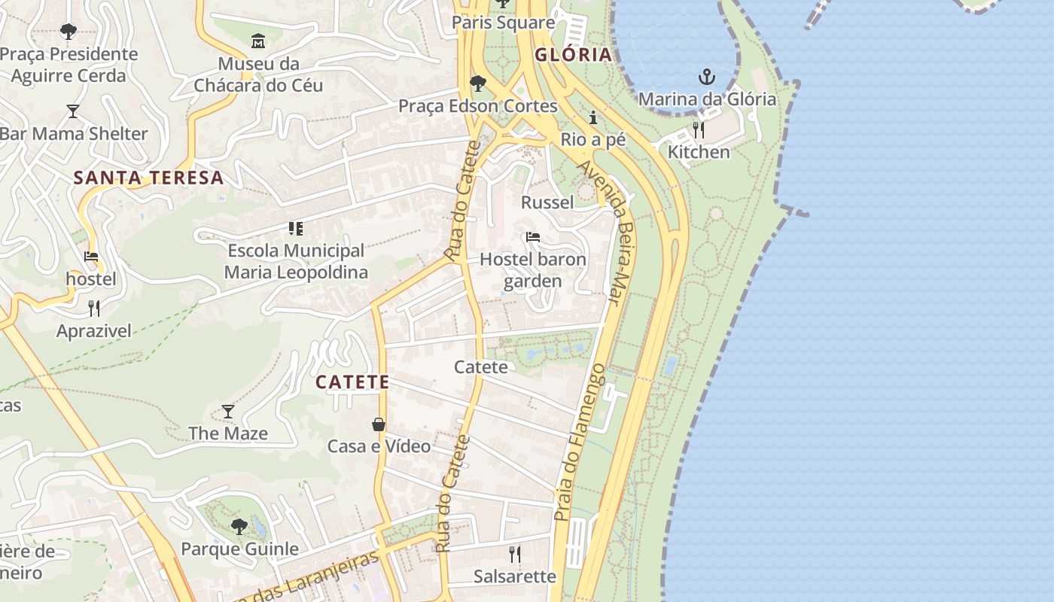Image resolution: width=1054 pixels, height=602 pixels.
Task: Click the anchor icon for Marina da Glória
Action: click(x=706, y=76)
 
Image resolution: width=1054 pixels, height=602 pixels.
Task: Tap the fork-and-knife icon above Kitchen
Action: click(x=699, y=130)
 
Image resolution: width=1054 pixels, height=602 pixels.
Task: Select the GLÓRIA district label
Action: click(x=573, y=55)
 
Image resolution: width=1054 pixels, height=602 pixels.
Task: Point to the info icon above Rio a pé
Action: click(x=593, y=117)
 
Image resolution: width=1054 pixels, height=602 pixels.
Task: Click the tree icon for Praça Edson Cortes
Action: click(x=477, y=83)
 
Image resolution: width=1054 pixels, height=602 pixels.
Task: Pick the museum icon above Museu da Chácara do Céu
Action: click(x=258, y=41)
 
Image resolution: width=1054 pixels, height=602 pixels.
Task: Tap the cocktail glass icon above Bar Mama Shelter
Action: click(x=73, y=111)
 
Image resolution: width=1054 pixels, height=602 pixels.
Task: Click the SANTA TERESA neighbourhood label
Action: click(x=149, y=178)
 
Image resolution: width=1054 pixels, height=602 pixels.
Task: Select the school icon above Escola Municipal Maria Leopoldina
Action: click(x=296, y=228)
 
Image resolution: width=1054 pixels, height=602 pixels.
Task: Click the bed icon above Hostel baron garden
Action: click(x=533, y=237)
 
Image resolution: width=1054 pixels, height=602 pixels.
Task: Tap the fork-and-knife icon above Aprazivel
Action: click(x=94, y=308)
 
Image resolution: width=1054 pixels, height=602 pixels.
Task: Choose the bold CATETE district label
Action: click(x=352, y=382)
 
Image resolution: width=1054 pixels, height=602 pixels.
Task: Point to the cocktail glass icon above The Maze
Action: click(x=228, y=411)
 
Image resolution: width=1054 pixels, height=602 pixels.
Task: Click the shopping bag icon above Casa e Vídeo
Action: click(x=379, y=424)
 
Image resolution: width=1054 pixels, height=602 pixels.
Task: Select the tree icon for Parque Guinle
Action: click(x=239, y=526)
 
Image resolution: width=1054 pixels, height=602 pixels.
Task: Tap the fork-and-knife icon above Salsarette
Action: click(x=515, y=555)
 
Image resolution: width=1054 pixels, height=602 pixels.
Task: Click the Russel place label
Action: click(x=547, y=202)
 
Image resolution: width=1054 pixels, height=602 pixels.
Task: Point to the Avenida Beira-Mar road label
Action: click(x=610, y=233)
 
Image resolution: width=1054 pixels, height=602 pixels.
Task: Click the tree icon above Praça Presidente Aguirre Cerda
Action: click(x=69, y=32)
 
